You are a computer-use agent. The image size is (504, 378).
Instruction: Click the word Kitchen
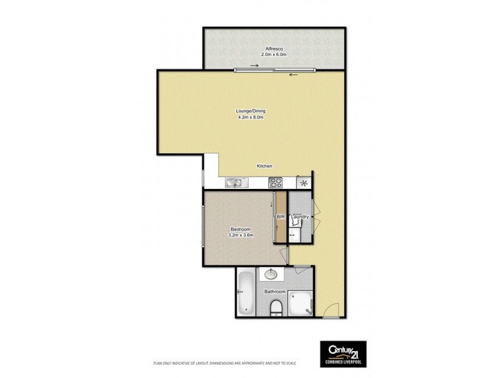(x=264, y=166)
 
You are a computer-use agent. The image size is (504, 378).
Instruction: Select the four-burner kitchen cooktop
(x=276, y=183)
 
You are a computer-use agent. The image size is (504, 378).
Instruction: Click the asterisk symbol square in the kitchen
(x=304, y=183)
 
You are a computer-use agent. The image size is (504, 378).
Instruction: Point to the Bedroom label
(x=241, y=229)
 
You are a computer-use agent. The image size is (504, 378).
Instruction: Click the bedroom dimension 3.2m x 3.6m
(x=241, y=236)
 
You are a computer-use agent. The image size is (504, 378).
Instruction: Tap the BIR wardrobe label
(x=281, y=217)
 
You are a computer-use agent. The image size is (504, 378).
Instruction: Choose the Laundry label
(x=300, y=217)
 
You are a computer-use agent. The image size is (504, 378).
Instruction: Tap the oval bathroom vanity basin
(x=272, y=274)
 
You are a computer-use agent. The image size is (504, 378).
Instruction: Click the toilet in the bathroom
(x=275, y=307)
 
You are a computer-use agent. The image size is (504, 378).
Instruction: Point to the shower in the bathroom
(x=301, y=303)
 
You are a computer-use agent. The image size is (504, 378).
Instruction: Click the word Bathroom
(x=275, y=292)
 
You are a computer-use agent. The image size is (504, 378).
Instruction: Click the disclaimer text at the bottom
(x=225, y=364)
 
